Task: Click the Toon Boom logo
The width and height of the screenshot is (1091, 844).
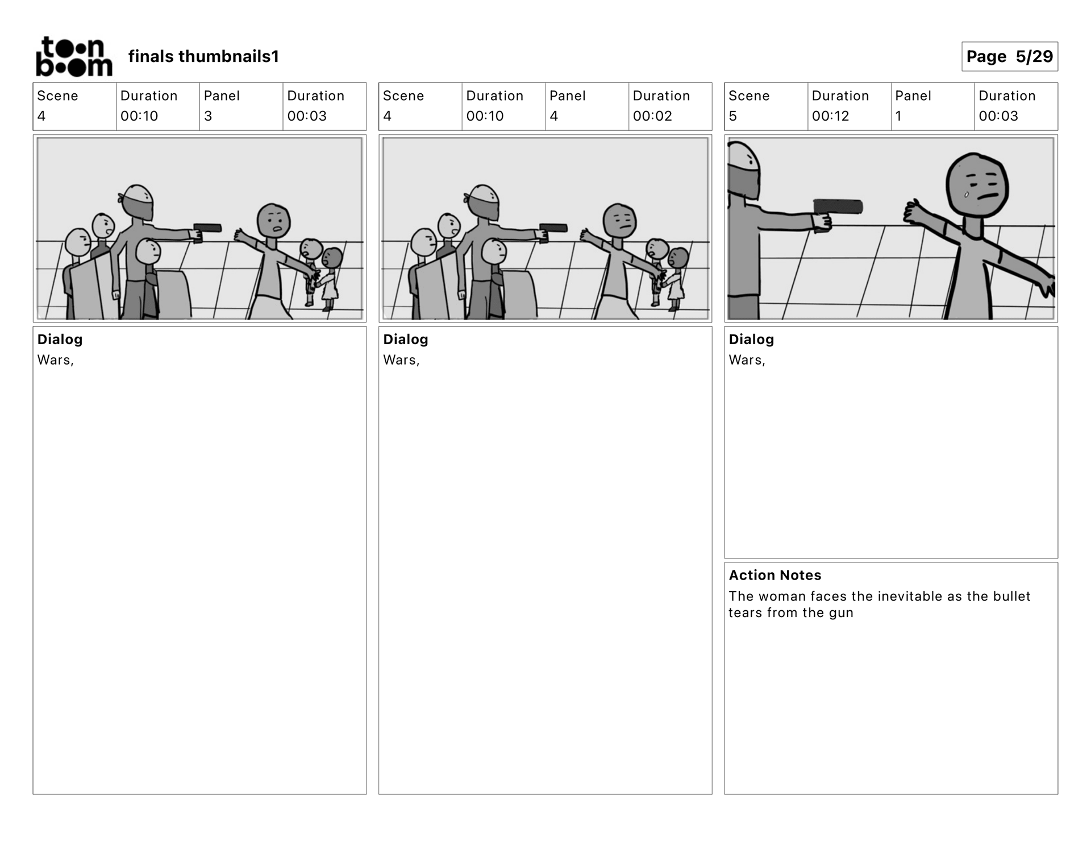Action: [74, 56]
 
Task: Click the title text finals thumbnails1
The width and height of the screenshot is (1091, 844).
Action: [203, 56]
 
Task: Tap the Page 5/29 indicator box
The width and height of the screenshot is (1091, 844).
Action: [1009, 56]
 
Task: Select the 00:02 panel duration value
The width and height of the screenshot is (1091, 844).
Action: [652, 116]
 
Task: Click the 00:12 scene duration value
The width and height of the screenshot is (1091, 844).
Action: [830, 116]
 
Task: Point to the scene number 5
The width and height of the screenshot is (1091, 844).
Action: [732, 116]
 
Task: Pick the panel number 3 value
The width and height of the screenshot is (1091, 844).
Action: [208, 116]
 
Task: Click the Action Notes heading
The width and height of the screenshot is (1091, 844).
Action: [775, 575]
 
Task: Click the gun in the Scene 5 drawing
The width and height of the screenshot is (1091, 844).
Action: [835, 212]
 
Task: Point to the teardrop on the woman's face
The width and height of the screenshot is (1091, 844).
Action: [966, 195]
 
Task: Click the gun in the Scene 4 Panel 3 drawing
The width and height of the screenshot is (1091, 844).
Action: [206, 231]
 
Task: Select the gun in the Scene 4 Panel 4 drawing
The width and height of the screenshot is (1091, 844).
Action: [552, 231]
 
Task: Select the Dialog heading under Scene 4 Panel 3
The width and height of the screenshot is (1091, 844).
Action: [60, 340]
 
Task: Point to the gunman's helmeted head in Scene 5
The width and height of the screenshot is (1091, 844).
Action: [744, 170]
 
